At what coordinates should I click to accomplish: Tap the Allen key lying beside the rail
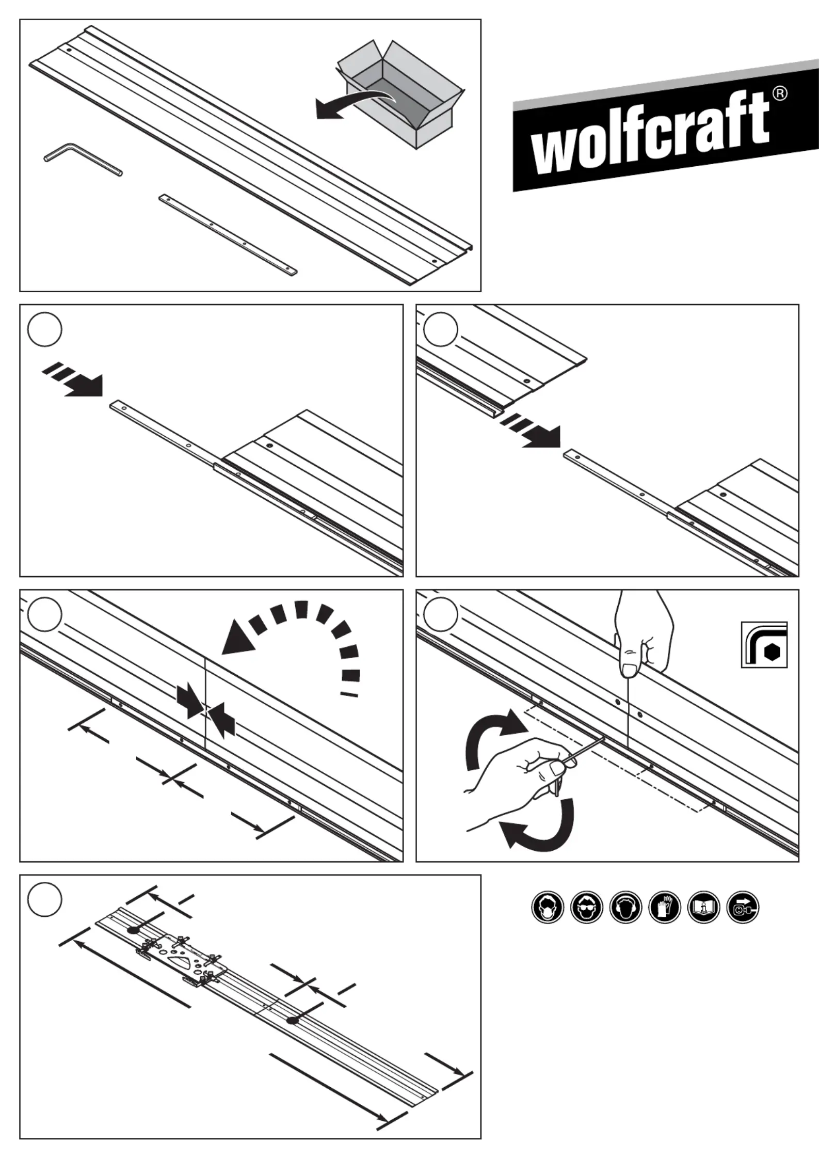77,157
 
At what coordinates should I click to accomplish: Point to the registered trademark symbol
780,93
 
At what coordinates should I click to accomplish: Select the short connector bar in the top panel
228,234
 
